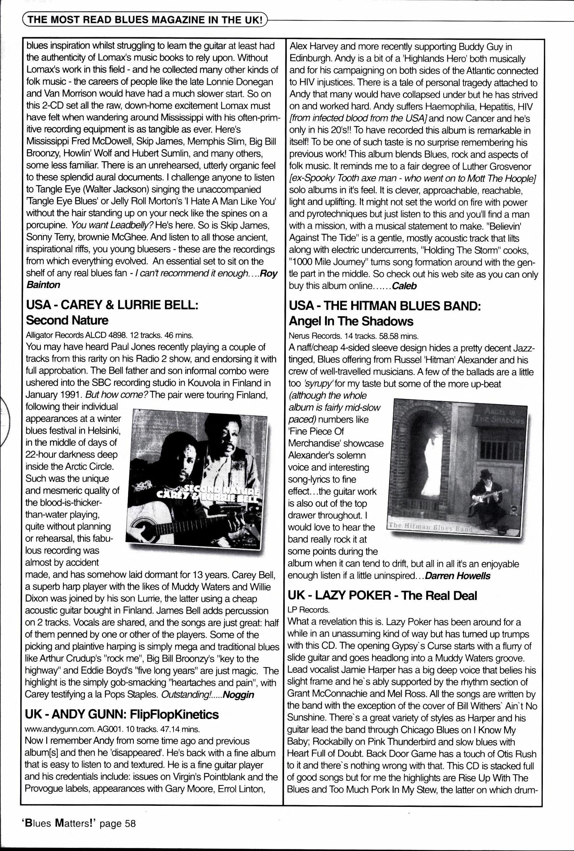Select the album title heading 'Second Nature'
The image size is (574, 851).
click(67, 320)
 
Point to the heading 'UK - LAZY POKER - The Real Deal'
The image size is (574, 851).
click(382, 596)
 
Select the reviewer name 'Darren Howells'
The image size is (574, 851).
click(458, 576)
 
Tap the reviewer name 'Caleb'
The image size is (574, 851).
click(404, 286)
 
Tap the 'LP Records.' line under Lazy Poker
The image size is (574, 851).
click(308, 610)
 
